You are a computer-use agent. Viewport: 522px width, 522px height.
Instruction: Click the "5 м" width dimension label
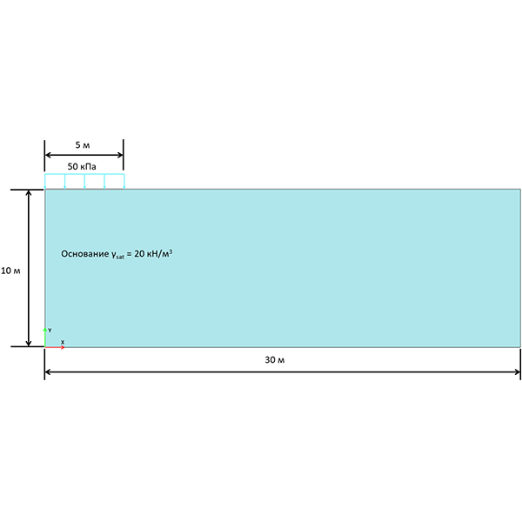[x=84, y=144]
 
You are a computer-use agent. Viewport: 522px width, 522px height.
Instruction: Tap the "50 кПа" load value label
[x=84, y=164]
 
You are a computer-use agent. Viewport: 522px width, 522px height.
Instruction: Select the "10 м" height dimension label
[x=11, y=271]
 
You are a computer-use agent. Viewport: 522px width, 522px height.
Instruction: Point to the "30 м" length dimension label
[x=275, y=359]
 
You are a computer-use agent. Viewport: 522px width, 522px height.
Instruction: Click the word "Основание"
[x=84, y=254]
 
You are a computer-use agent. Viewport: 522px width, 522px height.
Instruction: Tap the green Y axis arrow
[x=45, y=333]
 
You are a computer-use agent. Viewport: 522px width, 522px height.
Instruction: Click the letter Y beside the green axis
[x=50, y=331]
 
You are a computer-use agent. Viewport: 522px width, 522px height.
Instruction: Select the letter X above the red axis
[x=62, y=341]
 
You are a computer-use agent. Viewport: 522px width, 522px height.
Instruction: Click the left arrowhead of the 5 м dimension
[x=49, y=155]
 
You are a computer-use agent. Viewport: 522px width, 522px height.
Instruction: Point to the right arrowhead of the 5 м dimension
[x=119, y=155]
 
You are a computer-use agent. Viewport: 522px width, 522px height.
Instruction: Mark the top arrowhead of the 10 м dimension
[x=29, y=193]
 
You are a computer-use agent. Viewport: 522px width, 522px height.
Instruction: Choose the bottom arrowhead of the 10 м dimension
[x=29, y=342]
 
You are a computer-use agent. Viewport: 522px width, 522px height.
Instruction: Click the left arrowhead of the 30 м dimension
[x=49, y=372]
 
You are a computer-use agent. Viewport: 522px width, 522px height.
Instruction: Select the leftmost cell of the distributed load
[x=55, y=181]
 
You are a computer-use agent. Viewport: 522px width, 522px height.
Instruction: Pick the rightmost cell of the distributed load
[x=114, y=181]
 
